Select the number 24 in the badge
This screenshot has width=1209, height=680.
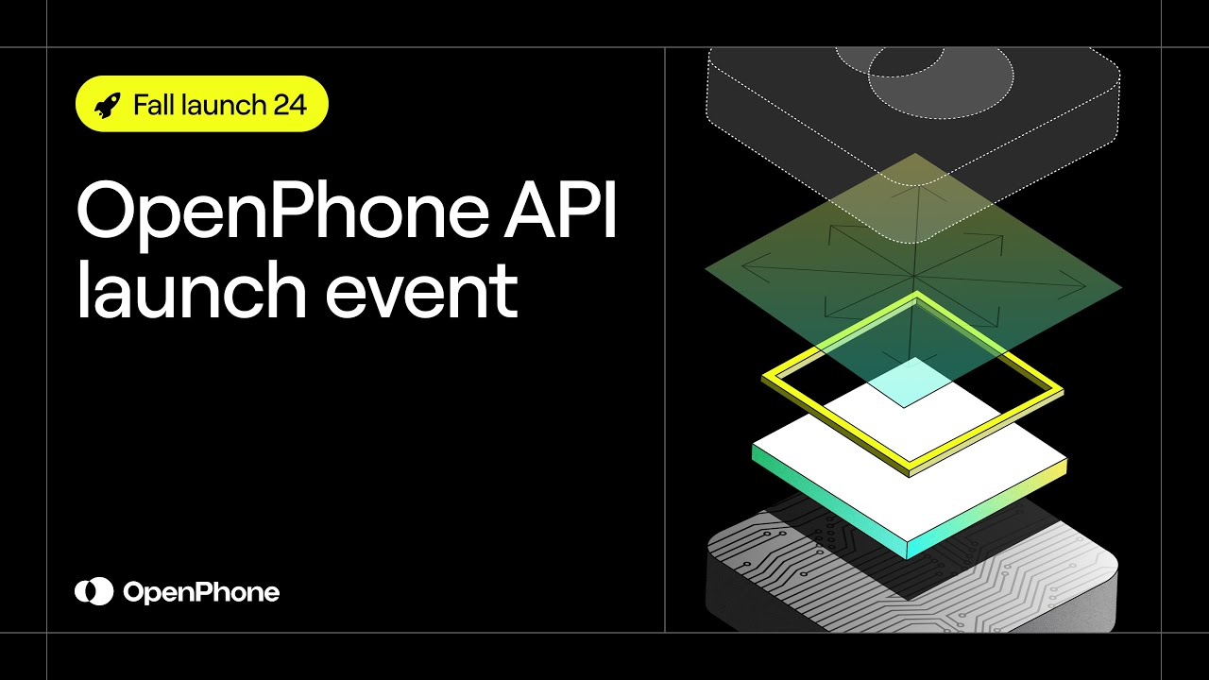point(290,104)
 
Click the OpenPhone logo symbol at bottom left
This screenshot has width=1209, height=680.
point(94,592)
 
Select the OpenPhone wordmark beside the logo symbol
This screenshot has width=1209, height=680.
point(201,593)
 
